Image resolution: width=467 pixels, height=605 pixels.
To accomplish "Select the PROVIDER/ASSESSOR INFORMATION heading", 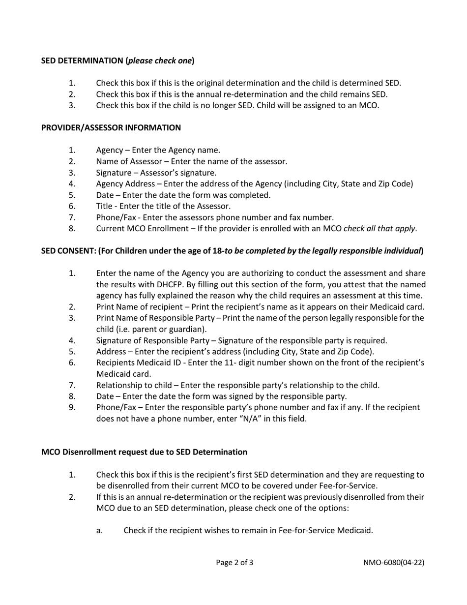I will tap(111, 127).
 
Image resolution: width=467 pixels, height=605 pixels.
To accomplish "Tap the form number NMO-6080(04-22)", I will tap(393, 562).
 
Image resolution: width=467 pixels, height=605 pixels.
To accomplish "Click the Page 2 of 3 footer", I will tap(234, 562).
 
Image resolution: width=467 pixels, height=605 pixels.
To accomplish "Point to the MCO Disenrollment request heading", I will tap(144, 452).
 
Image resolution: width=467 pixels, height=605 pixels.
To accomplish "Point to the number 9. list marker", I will tap(72, 407).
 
